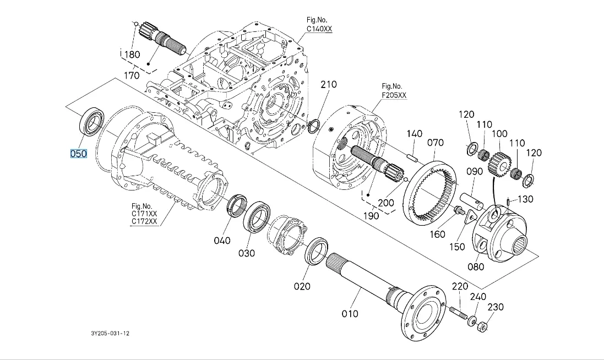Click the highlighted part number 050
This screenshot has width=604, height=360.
[x=78, y=154]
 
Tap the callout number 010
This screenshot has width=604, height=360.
[x=350, y=313]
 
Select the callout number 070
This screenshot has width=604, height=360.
[x=435, y=143]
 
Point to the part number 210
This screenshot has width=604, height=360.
[x=329, y=85]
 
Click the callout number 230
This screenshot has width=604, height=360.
[x=495, y=307]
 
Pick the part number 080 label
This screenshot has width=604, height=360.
[x=476, y=267]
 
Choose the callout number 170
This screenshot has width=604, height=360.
[x=131, y=75]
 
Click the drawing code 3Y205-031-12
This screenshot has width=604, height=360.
[x=111, y=334]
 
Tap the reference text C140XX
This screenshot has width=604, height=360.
[x=319, y=29]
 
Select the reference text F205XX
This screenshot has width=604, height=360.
[x=394, y=95]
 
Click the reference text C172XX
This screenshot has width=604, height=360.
[x=144, y=222]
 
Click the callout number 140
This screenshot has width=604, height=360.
[x=415, y=134]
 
